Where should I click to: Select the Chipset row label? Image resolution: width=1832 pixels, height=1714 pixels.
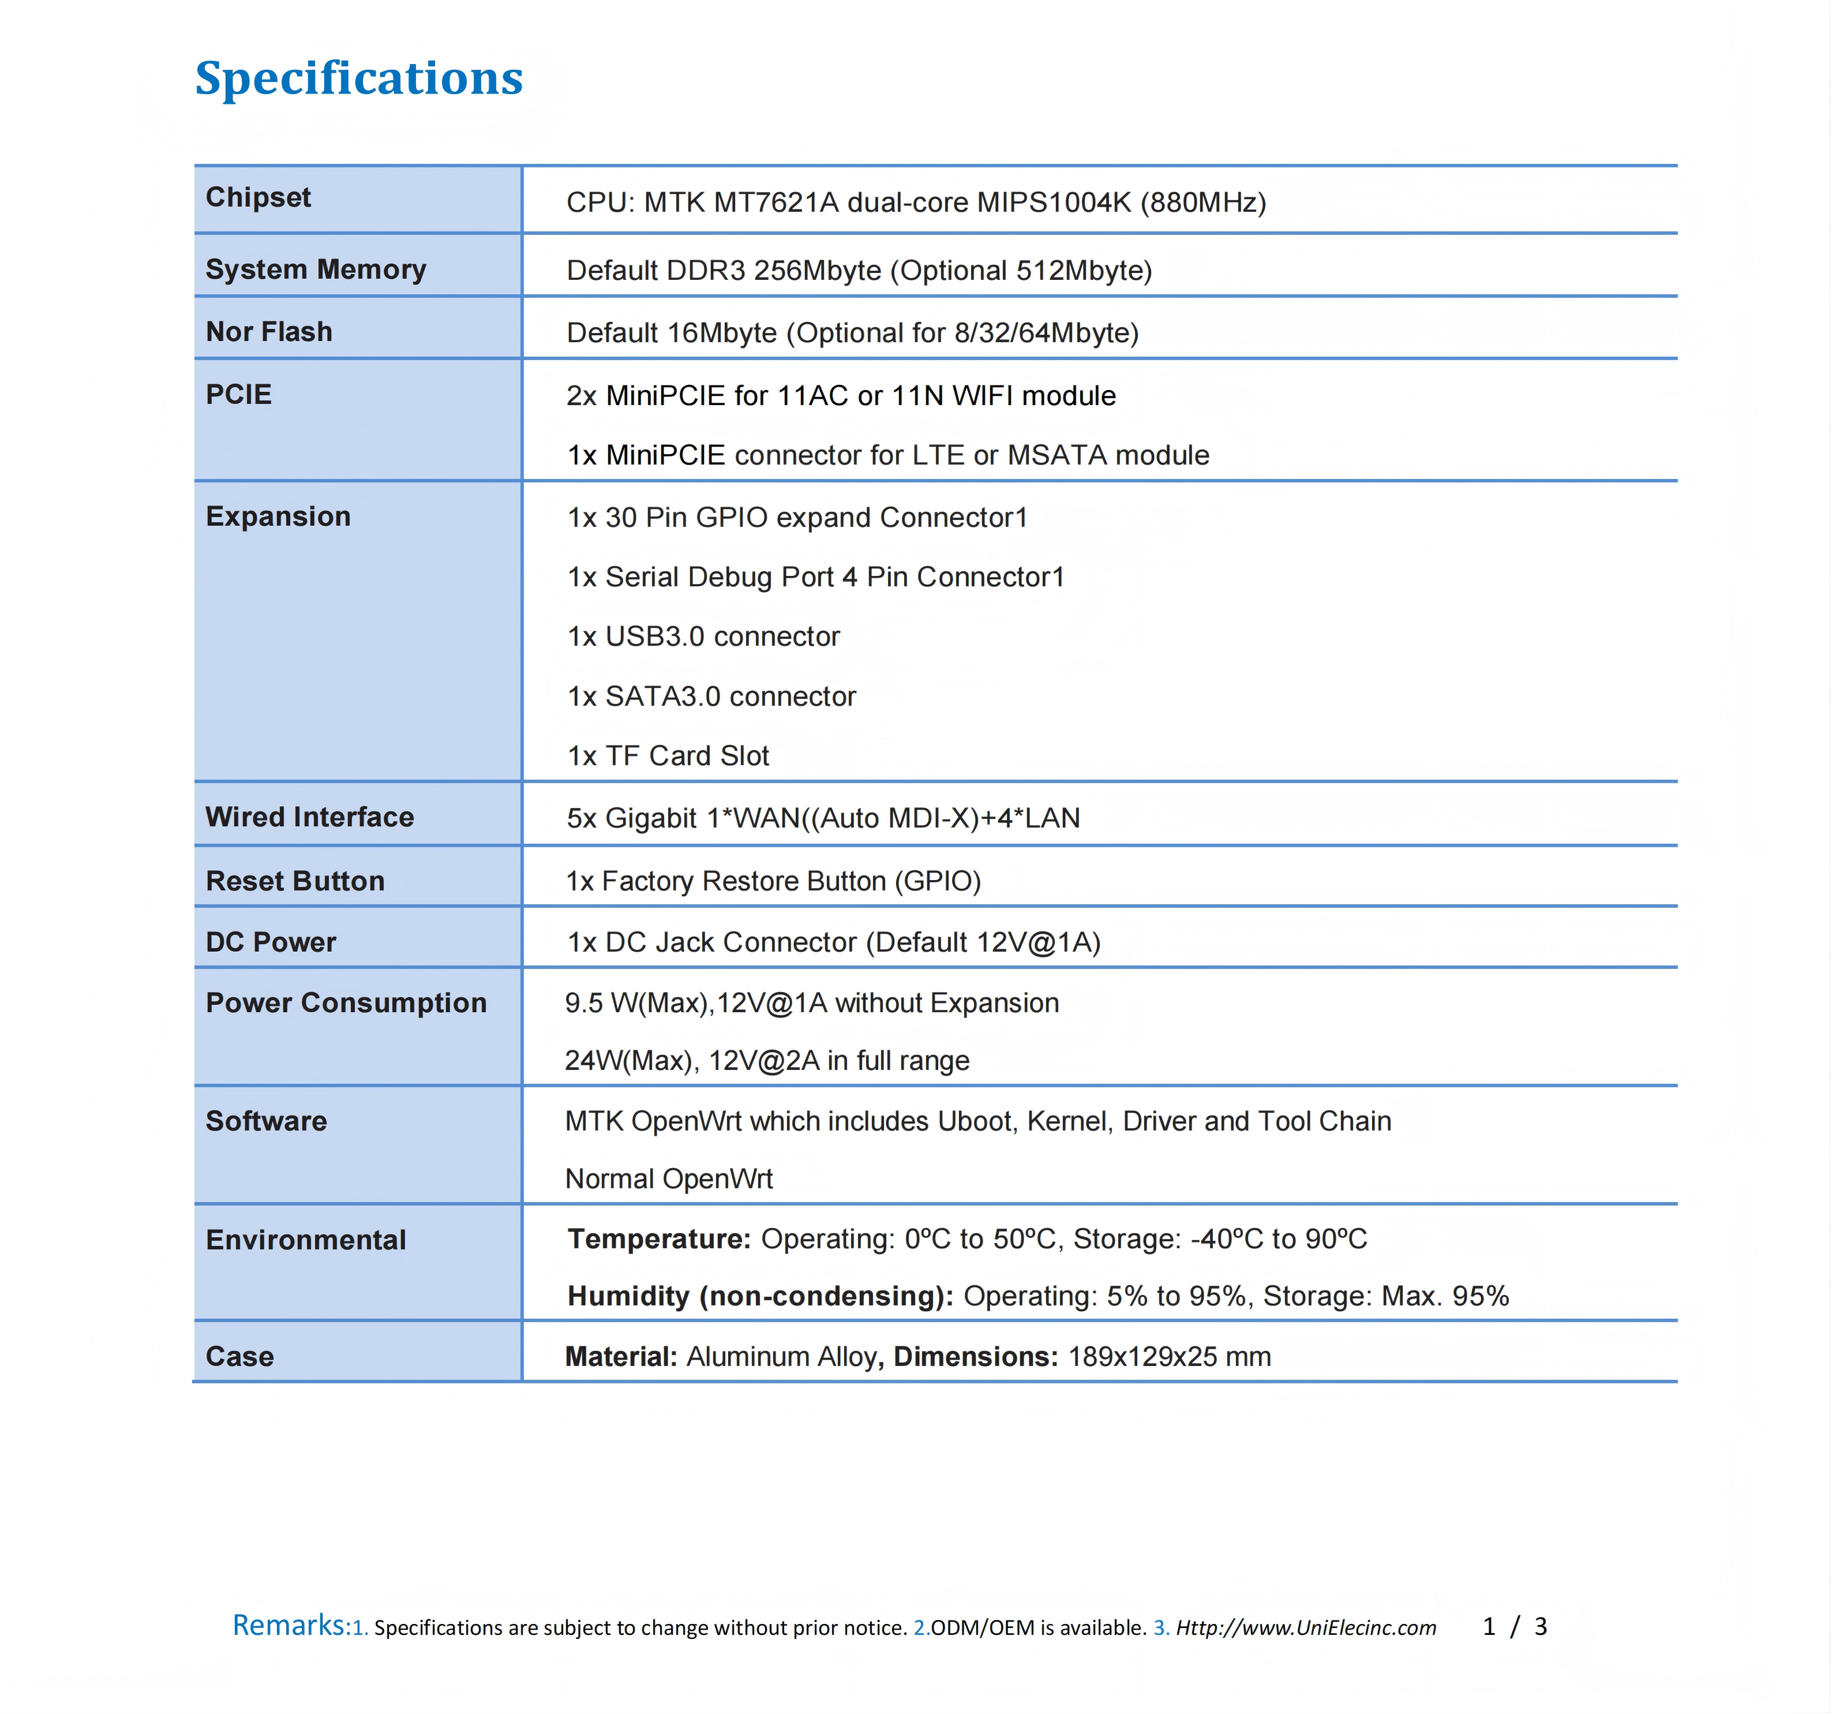pyautogui.click(x=258, y=197)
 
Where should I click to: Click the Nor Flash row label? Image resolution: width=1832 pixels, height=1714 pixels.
pyautogui.click(x=268, y=332)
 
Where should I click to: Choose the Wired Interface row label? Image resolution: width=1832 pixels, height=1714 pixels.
pyautogui.click(x=310, y=817)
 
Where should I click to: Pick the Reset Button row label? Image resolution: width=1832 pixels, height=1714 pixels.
pyautogui.click(x=295, y=881)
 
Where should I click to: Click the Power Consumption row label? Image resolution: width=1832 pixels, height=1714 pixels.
pyautogui.click(x=346, y=1002)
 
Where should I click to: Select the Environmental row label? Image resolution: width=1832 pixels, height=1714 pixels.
pyautogui.click(x=305, y=1240)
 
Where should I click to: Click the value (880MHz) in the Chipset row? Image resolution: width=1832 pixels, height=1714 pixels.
pyautogui.click(x=1202, y=203)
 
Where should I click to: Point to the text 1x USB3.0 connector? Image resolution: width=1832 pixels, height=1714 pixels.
pyautogui.click(x=703, y=637)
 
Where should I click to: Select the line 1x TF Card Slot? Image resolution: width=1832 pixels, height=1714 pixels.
pyautogui.click(x=668, y=755)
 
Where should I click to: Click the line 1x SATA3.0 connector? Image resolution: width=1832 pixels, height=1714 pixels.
pyautogui.click(x=711, y=697)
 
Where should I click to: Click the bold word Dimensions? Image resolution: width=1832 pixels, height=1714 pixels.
pyautogui.click(x=976, y=1356)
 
